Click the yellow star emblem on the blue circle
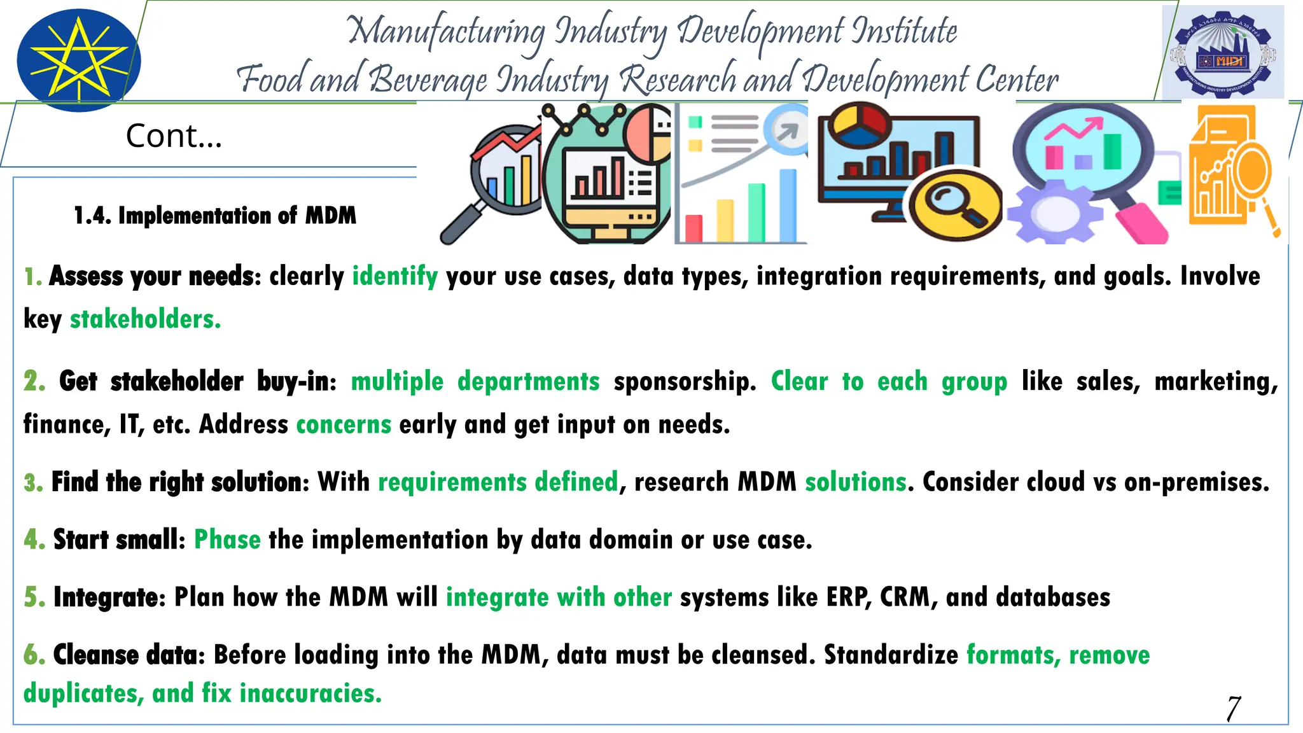pyautogui.click(x=78, y=60)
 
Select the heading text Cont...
pyautogui.click(x=174, y=136)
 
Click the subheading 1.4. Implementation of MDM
pyautogui.click(x=215, y=216)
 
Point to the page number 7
pyautogui.click(x=1233, y=708)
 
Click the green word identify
pyautogui.click(x=395, y=276)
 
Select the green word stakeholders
pyautogui.click(x=145, y=319)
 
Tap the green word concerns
pyautogui.click(x=344, y=424)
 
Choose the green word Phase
pyautogui.click(x=227, y=540)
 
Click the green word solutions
pyautogui.click(x=855, y=482)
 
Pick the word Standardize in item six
pyautogui.click(x=891, y=655)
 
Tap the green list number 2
pyautogui.click(x=34, y=381)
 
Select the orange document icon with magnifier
pyautogui.click(x=1229, y=169)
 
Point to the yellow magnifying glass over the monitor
pyautogui.click(x=952, y=204)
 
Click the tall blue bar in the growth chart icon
pyautogui.click(x=788, y=204)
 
